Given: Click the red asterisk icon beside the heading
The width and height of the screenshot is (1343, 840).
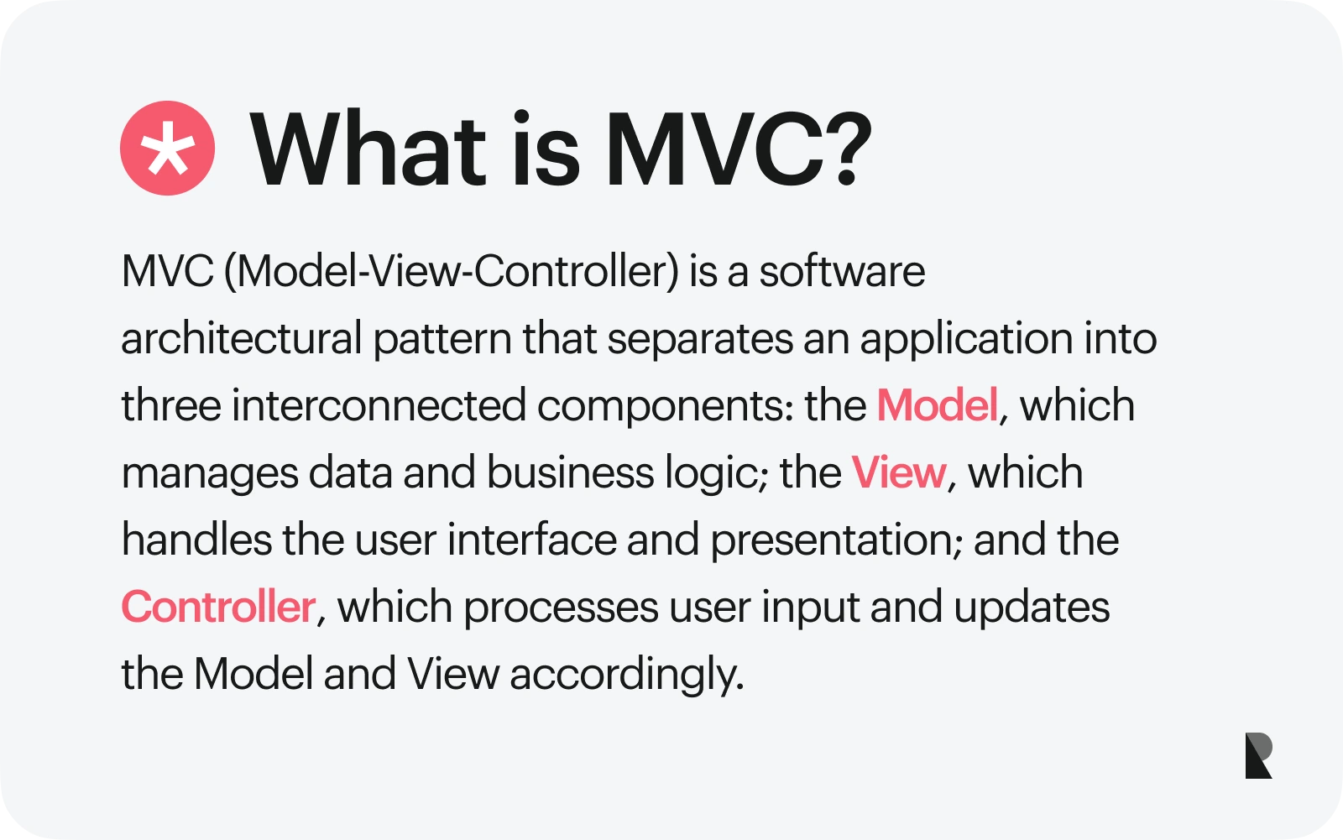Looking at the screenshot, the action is pyautogui.click(x=167, y=148).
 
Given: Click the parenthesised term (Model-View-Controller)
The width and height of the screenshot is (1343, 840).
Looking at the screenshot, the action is pyautogui.click(x=452, y=272).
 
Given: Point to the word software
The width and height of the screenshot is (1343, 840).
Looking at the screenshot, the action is pyautogui.click(x=843, y=272).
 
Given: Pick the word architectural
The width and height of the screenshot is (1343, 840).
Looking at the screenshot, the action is pyautogui.click(x=242, y=338).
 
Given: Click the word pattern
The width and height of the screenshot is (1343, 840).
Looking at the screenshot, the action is pyautogui.click(x=442, y=340).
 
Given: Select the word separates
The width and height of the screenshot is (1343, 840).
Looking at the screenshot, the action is pyautogui.click(x=700, y=340).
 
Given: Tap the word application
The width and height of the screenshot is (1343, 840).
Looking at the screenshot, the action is pyautogui.click(x=966, y=340).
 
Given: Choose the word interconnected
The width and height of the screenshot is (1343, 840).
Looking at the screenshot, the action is pyautogui.click(x=379, y=406).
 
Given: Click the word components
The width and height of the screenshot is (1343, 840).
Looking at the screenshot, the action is pyautogui.click(x=665, y=408).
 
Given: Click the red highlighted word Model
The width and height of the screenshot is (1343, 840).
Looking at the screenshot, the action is pyautogui.click(x=937, y=405).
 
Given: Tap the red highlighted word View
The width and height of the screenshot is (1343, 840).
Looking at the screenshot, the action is pyautogui.click(x=899, y=472).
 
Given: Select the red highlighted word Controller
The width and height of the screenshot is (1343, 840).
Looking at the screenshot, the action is pyautogui.click(x=218, y=607).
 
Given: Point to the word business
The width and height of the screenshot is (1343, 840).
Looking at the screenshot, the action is pyautogui.click(x=570, y=472).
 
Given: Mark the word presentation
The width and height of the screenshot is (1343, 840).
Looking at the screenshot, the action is pyautogui.click(x=836, y=541).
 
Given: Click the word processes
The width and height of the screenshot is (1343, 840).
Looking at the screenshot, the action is pyautogui.click(x=561, y=609).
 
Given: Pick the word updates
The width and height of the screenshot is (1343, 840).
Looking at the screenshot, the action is pyautogui.click(x=1032, y=608).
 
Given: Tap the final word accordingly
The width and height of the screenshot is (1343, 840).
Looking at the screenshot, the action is pyautogui.click(x=626, y=676).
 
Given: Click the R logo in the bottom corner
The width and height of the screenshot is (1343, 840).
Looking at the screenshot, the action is pyautogui.click(x=1258, y=755).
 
